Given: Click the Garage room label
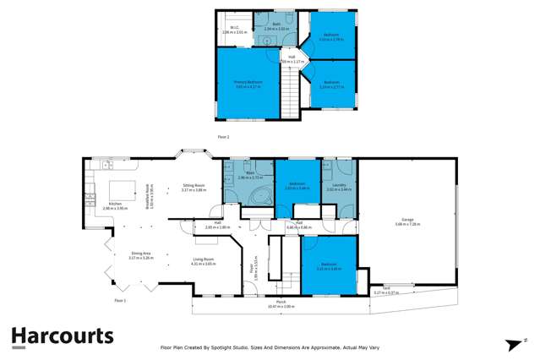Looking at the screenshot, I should click(407, 221).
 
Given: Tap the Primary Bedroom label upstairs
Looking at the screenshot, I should click(248, 82).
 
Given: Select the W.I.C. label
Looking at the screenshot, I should click(235, 27).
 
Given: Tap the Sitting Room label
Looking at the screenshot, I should click(194, 185).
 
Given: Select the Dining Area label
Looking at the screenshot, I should click(140, 254).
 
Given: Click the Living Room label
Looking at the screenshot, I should click(204, 259).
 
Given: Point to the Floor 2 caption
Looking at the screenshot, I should click(223, 136).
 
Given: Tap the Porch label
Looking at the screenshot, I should click(279, 302).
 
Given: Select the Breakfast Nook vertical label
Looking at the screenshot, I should click(150, 197).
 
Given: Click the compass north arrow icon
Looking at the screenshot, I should click(512, 343).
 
